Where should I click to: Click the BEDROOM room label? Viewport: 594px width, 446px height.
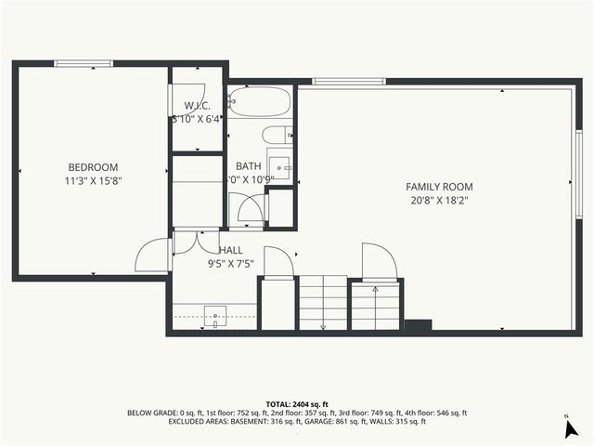[x=93, y=167]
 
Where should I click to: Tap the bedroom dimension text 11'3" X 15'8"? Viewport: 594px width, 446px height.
[x=93, y=180]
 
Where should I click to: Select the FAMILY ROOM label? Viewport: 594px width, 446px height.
[x=433, y=186]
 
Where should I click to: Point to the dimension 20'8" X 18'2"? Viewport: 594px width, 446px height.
[x=433, y=199]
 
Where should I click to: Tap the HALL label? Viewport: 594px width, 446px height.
[x=231, y=250]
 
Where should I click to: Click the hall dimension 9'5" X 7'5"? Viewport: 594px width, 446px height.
[x=231, y=263]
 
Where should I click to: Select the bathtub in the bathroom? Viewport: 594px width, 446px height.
[x=260, y=99]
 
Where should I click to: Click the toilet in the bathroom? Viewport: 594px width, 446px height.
[x=277, y=135]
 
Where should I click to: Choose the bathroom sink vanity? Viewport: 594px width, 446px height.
[x=280, y=167]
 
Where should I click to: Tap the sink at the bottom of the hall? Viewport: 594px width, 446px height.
[x=215, y=317]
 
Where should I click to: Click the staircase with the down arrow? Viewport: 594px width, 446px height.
[x=322, y=304]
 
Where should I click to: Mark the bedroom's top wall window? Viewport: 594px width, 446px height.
[x=84, y=63]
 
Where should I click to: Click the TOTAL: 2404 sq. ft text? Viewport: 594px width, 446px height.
[x=297, y=404]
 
